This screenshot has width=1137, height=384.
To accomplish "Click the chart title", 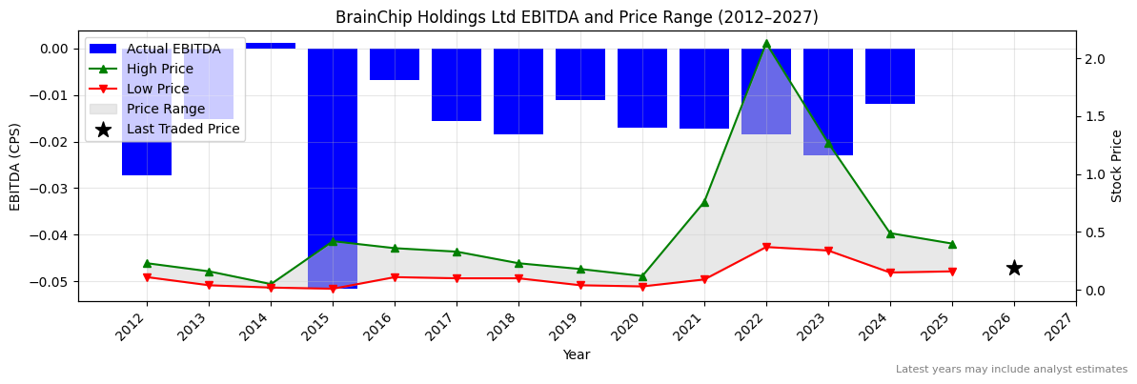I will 577,17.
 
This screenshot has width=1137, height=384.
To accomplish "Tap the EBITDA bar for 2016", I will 395,64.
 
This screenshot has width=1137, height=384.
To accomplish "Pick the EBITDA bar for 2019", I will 580,73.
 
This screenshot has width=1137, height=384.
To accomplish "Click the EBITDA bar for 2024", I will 890,76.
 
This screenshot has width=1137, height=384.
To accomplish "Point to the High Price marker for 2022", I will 766,43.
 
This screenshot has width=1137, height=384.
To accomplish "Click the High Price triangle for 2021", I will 704,202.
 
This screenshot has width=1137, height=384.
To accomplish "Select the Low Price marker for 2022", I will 766,247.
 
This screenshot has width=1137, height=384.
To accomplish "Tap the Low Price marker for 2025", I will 952,272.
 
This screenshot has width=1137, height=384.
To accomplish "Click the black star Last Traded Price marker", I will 1014,268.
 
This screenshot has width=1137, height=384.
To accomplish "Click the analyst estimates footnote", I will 1011,369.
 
